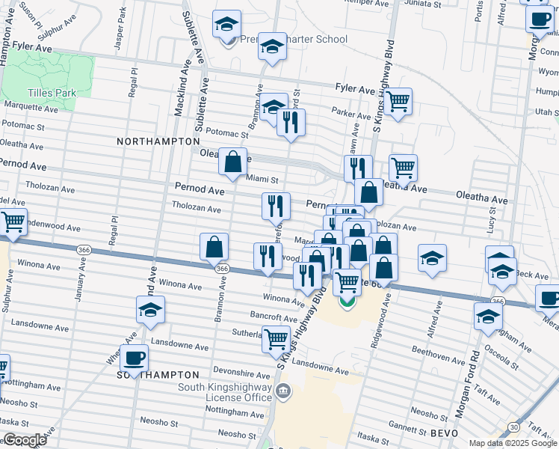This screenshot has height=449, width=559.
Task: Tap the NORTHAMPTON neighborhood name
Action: (x=158, y=141)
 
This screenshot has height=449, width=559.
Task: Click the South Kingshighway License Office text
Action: (x=224, y=392)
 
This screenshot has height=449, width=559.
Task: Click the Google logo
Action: (x=24, y=440)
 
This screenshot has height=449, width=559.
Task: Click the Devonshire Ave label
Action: (x=219, y=371)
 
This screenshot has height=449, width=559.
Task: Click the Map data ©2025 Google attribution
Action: (x=512, y=443)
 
